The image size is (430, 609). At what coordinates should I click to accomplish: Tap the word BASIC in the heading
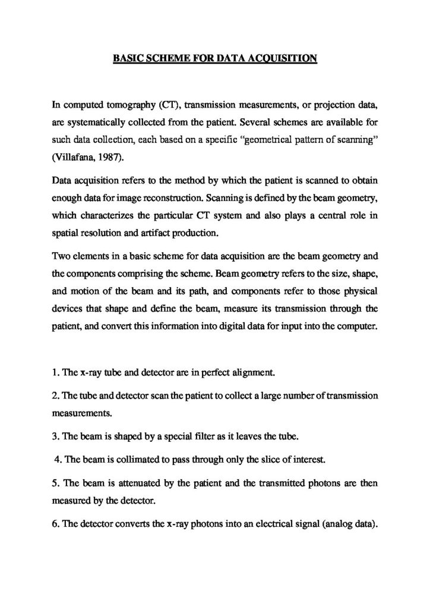(127, 58)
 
